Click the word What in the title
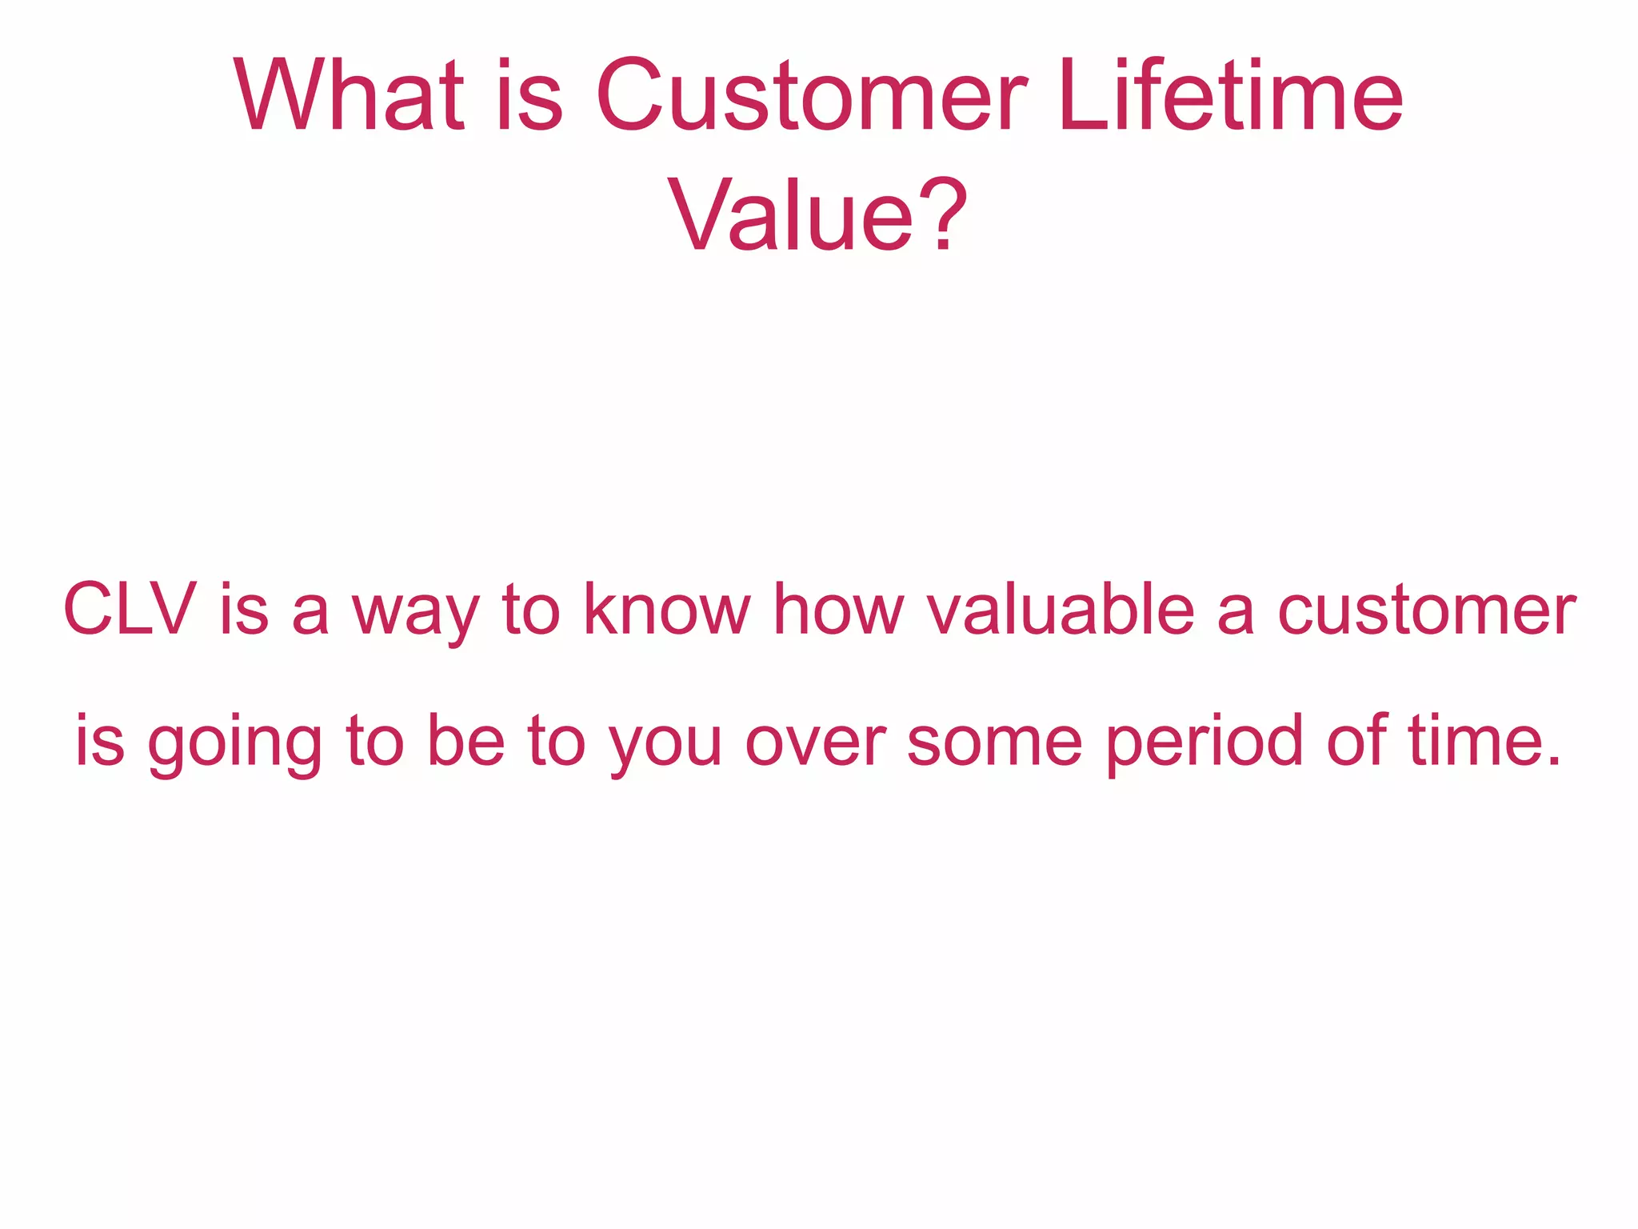pos(349,95)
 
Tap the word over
pos(815,744)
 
